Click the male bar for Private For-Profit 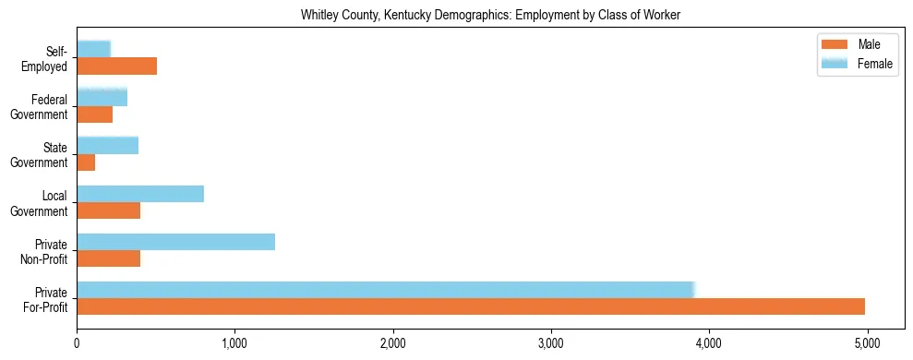[471, 306]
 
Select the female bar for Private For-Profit [385, 290]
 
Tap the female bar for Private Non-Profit [175, 242]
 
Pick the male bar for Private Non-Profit [108, 258]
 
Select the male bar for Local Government [108, 210]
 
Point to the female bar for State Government [107, 145]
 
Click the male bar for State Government [86, 162]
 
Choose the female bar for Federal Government [102, 97]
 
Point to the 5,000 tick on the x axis [867, 343]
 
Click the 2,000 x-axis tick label [393, 343]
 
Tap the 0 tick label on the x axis [78, 343]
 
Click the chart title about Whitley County [490, 16]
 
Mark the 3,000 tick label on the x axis [551, 343]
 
